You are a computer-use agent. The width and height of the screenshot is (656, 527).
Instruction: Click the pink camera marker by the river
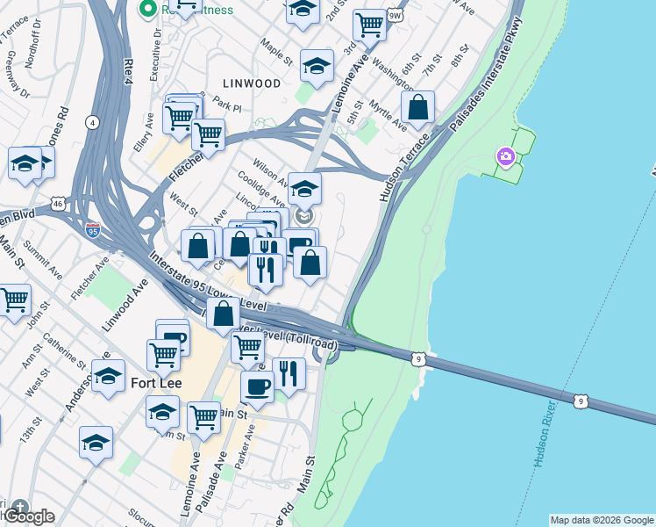click(x=505, y=156)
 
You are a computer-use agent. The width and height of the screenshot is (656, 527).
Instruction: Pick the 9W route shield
click(x=395, y=15)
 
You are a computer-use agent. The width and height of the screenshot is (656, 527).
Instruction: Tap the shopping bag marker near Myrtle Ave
click(x=418, y=108)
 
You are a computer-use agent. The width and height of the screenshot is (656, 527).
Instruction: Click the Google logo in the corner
click(x=29, y=516)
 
